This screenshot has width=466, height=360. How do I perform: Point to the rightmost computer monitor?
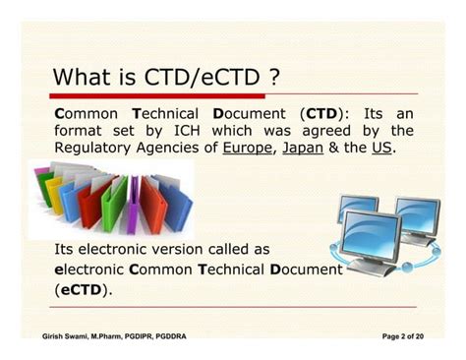pyautogui.click(x=418, y=218)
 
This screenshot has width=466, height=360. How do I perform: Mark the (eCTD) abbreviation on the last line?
pyautogui.click(x=84, y=289)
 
